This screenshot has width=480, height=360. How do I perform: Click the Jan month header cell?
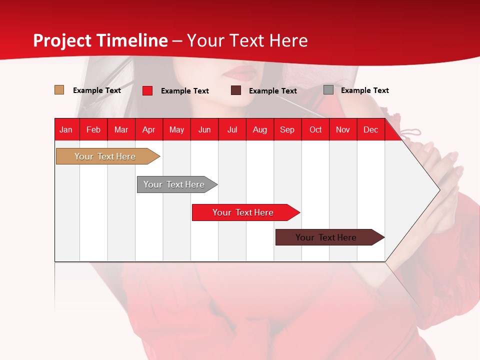tap(66, 129)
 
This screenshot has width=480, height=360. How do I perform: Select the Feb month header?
tap(93, 129)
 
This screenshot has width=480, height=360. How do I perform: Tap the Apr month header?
tap(149, 129)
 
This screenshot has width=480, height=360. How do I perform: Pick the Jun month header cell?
tap(204, 129)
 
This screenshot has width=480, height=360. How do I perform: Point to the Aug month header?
tap(260, 129)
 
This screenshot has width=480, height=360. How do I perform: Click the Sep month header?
tap(287, 129)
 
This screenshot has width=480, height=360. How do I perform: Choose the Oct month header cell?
tap(315, 129)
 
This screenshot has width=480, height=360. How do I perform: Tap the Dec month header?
tap(371, 129)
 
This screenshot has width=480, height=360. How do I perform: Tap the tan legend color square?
tap(59, 90)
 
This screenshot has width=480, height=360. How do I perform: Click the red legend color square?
tap(147, 90)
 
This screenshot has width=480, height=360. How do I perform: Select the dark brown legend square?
tap(236, 90)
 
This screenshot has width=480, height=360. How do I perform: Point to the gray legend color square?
tap(328, 90)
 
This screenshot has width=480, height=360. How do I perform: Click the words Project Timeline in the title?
tap(100, 40)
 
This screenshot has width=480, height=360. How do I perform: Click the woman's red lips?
tap(240, 73)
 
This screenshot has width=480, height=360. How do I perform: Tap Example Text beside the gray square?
tap(365, 90)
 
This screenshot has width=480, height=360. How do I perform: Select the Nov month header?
tap(343, 129)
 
